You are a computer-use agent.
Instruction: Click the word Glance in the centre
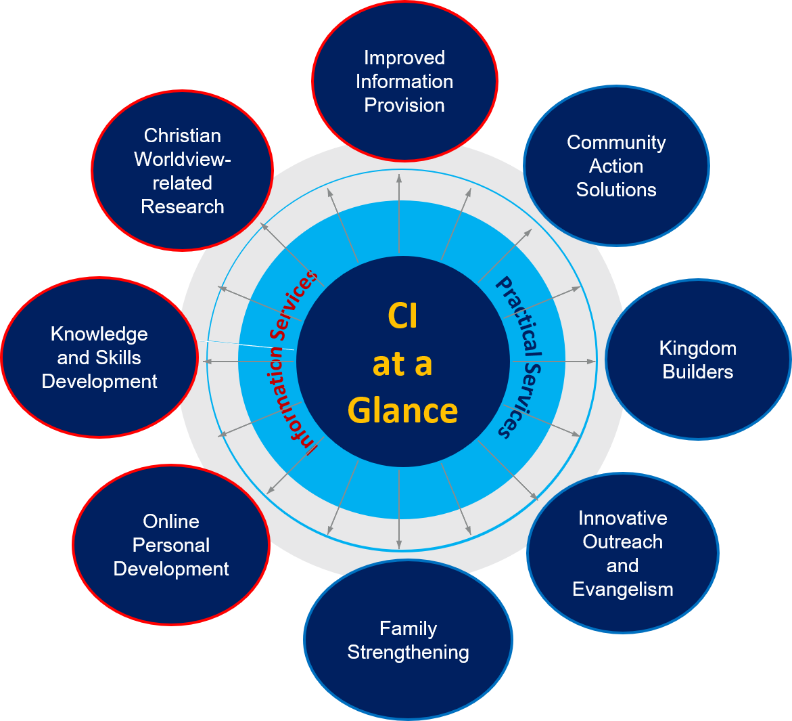[403, 410]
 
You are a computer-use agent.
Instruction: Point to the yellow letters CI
[403, 316]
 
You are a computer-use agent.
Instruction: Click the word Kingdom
[697, 348]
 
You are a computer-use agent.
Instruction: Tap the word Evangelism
[622, 589]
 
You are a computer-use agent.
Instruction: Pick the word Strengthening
[408, 652]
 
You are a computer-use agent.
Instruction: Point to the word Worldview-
[182, 159]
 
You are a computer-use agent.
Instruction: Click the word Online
[171, 521]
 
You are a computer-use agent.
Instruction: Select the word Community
[616, 142]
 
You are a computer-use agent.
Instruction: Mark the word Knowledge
[99, 334]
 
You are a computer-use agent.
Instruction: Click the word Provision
[404, 105]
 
